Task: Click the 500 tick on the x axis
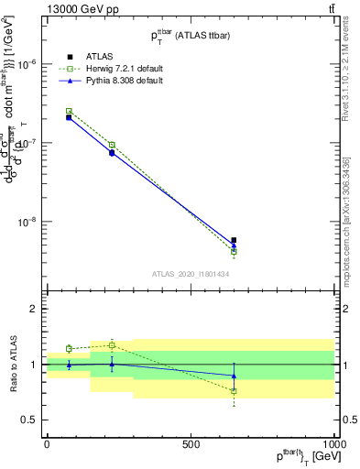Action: click(x=191, y=443)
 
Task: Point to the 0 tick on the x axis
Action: click(x=47, y=443)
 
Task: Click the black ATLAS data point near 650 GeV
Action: click(x=234, y=240)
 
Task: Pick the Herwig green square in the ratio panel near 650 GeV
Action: click(x=234, y=391)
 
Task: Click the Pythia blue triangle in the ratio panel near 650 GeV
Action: click(x=234, y=376)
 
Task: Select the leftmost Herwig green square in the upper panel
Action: click(x=69, y=111)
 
